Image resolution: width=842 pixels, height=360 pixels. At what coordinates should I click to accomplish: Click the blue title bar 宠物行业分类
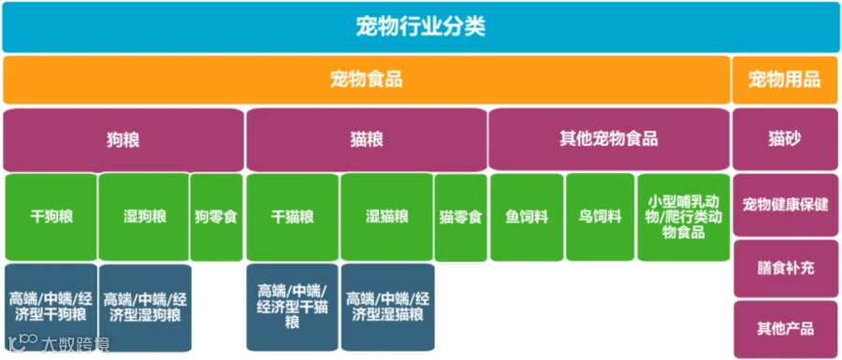pyautogui.click(x=420, y=27)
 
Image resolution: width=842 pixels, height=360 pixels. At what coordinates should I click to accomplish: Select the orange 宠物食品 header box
pyautogui.click(x=366, y=79)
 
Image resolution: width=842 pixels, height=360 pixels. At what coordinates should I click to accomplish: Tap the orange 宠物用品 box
pyautogui.click(x=785, y=79)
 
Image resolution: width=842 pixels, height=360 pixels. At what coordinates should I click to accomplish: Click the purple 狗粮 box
pyautogui.click(x=123, y=140)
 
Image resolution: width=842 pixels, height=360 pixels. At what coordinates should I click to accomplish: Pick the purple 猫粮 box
pyautogui.click(x=366, y=140)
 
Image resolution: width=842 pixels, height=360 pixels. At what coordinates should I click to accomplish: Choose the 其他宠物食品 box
pyautogui.click(x=609, y=139)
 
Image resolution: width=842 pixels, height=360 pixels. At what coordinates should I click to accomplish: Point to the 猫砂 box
pyautogui.click(x=785, y=139)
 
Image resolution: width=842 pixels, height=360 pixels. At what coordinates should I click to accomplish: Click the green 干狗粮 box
pyautogui.click(x=51, y=217)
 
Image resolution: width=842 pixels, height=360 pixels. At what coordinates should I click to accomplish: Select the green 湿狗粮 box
pyautogui.click(x=144, y=217)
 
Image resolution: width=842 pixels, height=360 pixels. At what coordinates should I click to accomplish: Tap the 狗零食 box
pyautogui.click(x=216, y=217)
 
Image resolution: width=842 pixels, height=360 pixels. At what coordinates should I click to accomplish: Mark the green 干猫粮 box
pyautogui.click(x=292, y=217)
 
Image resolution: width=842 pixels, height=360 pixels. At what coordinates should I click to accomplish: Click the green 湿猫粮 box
pyautogui.click(x=386, y=217)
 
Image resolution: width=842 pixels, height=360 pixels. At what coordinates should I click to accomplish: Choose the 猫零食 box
pyautogui.click(x=460, y=217)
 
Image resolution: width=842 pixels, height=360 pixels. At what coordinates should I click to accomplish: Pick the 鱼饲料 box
pyautogui.click(x=527, y=217)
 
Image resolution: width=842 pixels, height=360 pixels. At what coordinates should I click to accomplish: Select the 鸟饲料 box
pyautogui.click(x=600, y=217)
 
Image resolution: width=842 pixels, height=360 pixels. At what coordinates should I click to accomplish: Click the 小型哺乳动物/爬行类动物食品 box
pyautogui.click(x=684, y=217)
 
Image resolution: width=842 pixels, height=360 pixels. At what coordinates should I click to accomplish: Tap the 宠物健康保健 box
pyautogui.click(x=785, y=205)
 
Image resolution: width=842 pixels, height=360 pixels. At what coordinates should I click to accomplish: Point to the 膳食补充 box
pyautogui.click(x=785, y=268)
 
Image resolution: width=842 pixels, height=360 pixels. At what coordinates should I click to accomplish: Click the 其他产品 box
pyautogui.click(x=785, y=328)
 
